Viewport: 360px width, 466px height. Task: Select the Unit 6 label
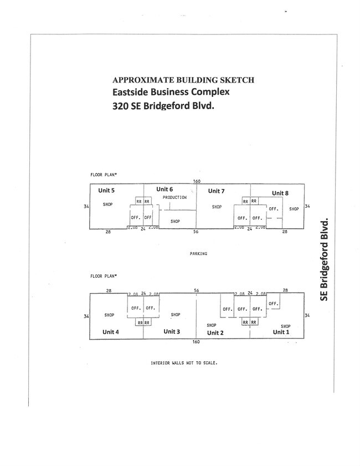click(x=165, y=190)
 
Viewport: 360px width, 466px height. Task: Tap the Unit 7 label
click(x=216, y=191)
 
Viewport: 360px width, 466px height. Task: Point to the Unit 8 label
click(x=280, y=193)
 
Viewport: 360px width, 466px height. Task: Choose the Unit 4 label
click(x=110, y=332)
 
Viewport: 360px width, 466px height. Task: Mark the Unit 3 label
click(x=172, y=331)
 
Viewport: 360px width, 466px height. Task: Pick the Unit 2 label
click(x=215, y=333)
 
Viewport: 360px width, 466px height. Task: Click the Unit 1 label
click(x=281, y=332)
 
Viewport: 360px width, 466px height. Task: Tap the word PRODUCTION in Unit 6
click(x=174, y=197)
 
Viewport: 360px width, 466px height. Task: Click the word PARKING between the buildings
click(x=198, y=254)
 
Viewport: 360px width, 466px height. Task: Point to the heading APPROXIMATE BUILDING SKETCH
click(x=183, y=80)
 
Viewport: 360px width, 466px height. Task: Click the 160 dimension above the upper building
click(x=196, y=181)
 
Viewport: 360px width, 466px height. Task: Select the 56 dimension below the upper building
click(x=196, y=232)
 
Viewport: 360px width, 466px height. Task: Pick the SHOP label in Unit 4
click(x=109, y=315)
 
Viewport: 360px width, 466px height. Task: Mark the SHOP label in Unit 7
click(x=217, y=207)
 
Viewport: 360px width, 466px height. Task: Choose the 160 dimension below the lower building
click(x=196, y=342)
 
